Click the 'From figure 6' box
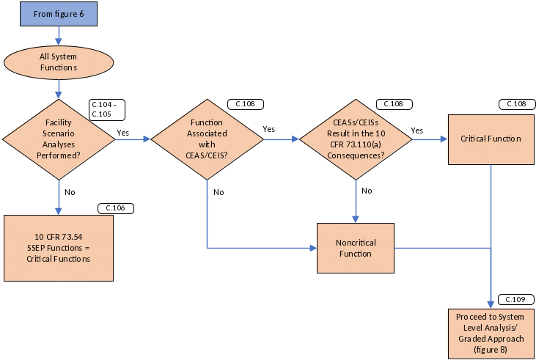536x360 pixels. pyautogui.click(x=59, y=14)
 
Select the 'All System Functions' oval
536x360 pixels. pyautogui.click(x=59, y=62)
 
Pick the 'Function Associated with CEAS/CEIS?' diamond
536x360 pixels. pyautogui.click(x=207, y=137)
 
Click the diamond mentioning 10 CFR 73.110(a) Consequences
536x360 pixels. pyautogui.click(x=356, y=137)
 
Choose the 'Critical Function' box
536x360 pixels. pyautogui.click(x=491, y=139)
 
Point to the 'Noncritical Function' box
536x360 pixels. pyautogui.click(x=356, y=248)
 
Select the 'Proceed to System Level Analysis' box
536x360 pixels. pyautogui.click(x=491, y=333)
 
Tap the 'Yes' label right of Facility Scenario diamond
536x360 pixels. pyautogui.click(x=123, y=133)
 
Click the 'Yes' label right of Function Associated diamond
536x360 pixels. pyautogui.click(x=269, y=129)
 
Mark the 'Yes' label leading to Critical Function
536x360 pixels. pyautogui.click(x=417, y=130)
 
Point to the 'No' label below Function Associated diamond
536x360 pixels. pyautogui.click(x=219, y=191)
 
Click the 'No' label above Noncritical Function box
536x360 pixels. pyautogui.click(x=367, y=190)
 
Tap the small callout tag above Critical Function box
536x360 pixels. pyautogui.click(x=515, y=104)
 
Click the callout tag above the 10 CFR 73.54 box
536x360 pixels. pyautogui.click(x=116, y=208)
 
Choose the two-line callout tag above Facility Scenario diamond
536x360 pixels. pyautogui.click(x=106, y=109)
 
